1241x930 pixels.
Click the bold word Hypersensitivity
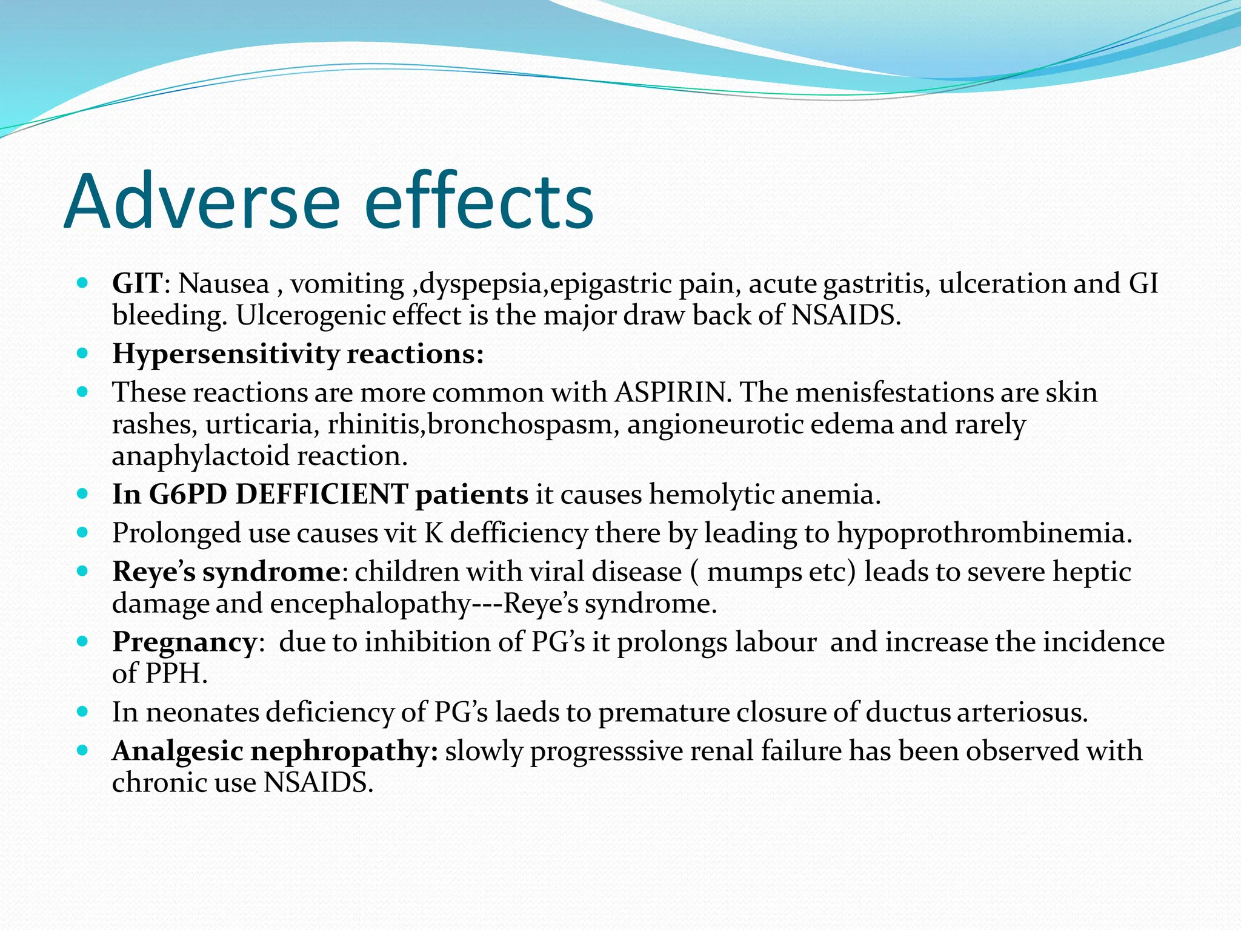[225, 354]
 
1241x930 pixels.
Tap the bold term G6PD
[188, 495]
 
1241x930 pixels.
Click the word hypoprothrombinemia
[984, 533]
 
